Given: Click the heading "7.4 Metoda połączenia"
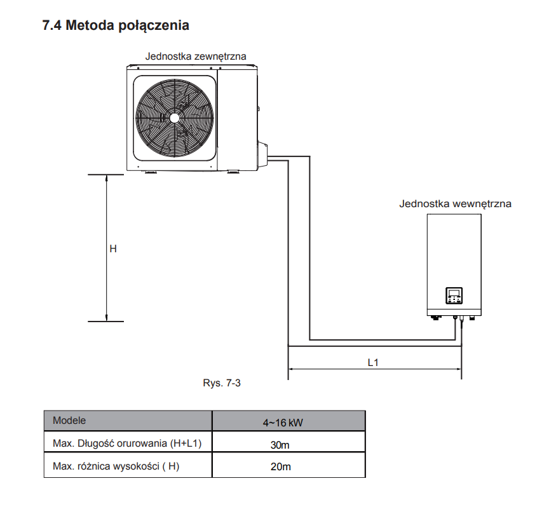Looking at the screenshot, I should tap(115, 26).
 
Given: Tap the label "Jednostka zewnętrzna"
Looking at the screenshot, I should tap(195, 56).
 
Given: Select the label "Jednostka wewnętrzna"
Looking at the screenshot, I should tap(455, 204).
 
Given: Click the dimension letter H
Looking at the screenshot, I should tap(113, 249).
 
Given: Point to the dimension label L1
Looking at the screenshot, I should tap(374, 362).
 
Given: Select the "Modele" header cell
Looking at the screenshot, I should tap(69, 421).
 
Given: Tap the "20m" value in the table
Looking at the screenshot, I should tap(280, 467).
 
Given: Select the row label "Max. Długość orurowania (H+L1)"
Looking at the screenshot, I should tap(127, 444).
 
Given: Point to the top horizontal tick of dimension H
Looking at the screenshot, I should tap(105, 174).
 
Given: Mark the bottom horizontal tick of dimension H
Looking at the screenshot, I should tap(105, 322).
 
